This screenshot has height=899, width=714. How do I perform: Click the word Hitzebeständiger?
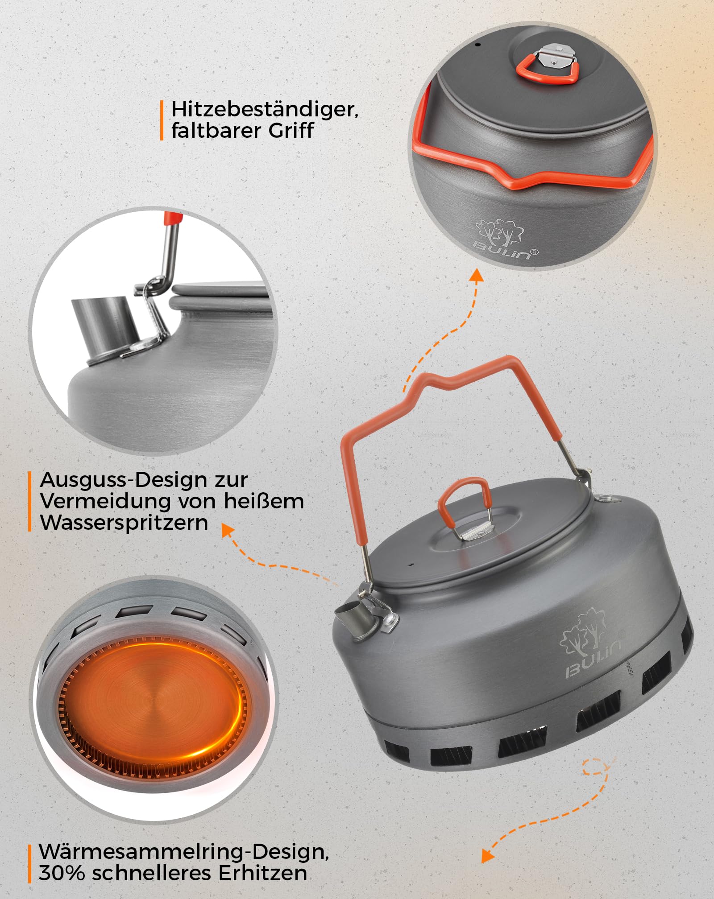264,110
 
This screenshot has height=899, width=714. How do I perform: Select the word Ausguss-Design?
120,480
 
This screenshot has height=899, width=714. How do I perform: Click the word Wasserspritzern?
124,522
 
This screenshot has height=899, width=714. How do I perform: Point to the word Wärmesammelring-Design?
183,852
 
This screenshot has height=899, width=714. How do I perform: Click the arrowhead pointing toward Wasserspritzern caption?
228,530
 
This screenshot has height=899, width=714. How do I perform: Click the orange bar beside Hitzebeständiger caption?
162,120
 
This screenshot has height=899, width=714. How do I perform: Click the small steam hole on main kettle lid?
411,564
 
